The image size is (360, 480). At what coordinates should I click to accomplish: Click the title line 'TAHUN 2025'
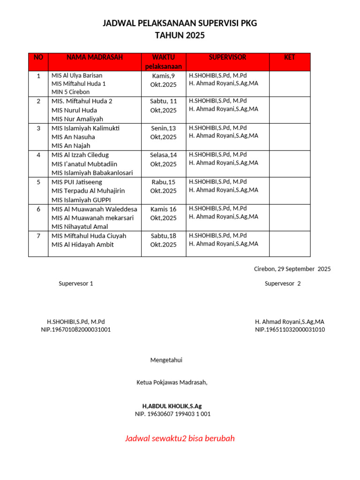(x=180, y=36)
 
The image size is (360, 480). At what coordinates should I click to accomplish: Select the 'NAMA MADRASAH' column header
(x=95, y=58)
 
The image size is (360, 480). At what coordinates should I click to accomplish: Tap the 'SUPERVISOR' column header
(x=227, y=58)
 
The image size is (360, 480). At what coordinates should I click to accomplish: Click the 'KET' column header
(x=290, y=58)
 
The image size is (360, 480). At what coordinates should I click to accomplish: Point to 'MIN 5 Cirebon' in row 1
(x=70, y=92)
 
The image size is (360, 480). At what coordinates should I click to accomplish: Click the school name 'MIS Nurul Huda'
(x=74, y=110)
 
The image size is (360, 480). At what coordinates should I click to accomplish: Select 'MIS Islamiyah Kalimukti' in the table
(x=86, y=128)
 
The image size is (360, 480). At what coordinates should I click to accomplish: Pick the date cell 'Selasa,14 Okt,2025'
(x=164, y=159)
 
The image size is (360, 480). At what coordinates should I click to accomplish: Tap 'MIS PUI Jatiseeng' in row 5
(x=76, y=182)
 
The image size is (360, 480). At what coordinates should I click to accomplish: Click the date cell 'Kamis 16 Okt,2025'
(x=164, y=213)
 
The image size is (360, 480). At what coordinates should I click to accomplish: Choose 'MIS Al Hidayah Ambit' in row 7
(x=82, y=245)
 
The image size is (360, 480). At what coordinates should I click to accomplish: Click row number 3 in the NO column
(x=38, y=128)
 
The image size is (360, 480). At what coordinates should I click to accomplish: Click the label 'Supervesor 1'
(x=76, y=284)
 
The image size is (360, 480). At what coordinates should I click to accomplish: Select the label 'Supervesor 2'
(x=283, y=284)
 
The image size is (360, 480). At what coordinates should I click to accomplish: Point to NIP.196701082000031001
(x=76, y=330)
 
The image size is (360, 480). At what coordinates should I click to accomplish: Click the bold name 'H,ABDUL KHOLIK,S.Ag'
(x=172, y=406)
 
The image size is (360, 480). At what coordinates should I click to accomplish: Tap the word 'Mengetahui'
(x=166, y=360)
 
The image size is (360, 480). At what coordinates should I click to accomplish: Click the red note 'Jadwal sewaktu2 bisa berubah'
(x=180, y=439)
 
